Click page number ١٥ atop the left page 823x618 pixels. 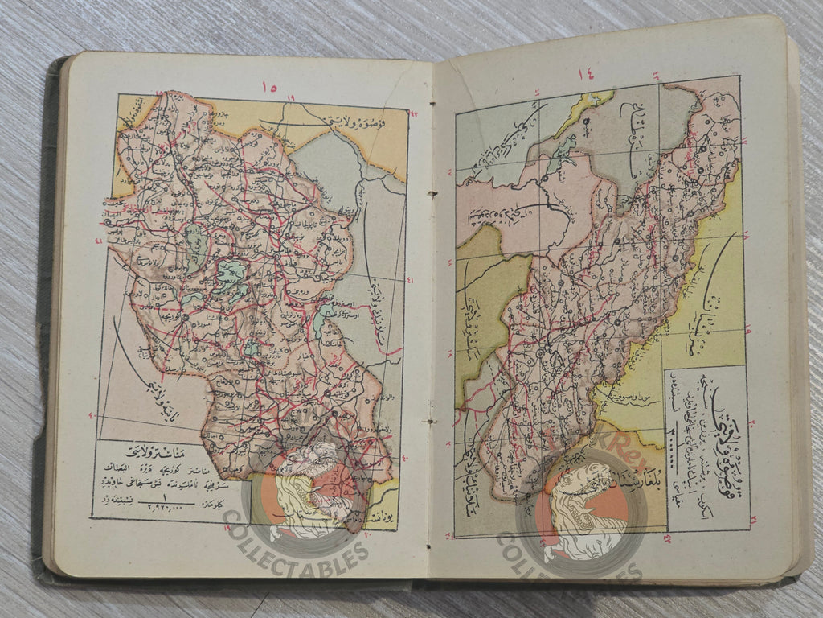coord(269,87)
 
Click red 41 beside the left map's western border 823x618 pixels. coord(99,241)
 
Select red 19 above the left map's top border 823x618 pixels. coord(291,97)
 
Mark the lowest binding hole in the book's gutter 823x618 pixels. coord(432,421)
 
